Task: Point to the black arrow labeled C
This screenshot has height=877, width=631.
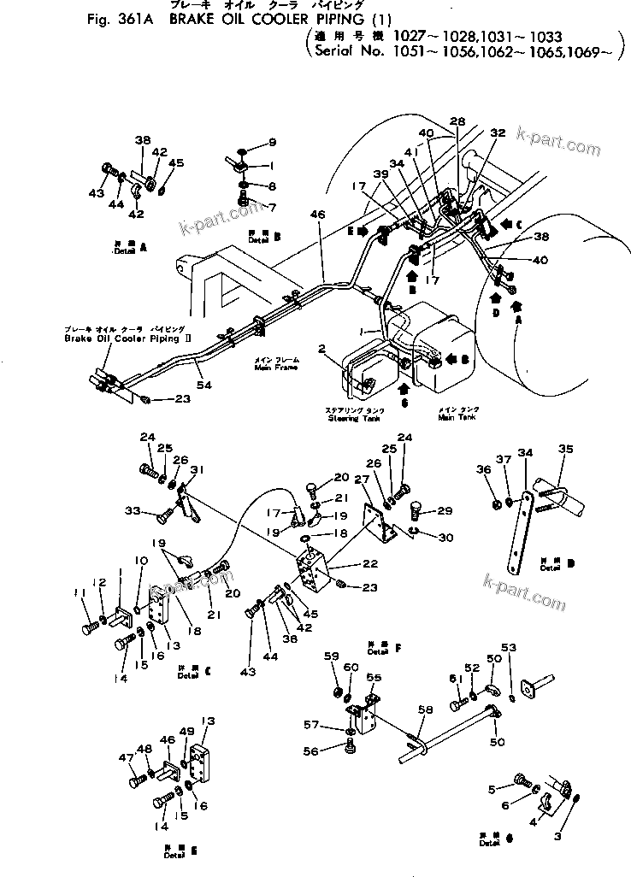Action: [x=506, y=225]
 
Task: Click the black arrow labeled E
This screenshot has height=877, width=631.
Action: [x=366, y=231]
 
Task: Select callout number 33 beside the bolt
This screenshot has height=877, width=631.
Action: [x=132, y=510]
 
